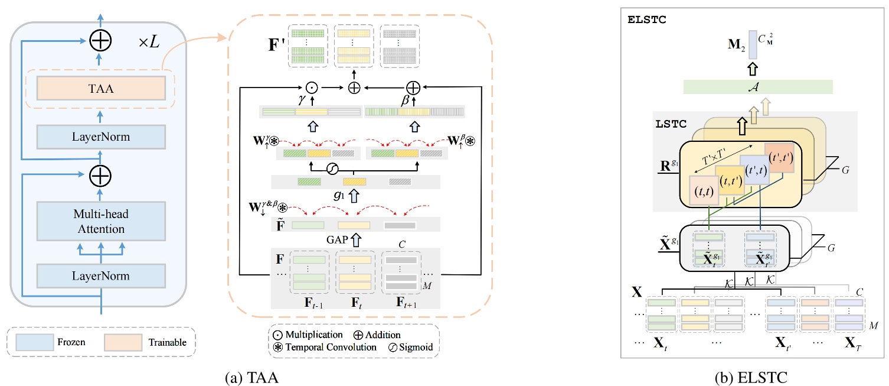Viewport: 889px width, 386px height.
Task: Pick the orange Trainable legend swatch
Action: [x=123, y=342]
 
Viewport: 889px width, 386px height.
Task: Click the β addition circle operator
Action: [x=413, y=87]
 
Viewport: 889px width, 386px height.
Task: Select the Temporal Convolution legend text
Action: [x=332, y=348]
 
